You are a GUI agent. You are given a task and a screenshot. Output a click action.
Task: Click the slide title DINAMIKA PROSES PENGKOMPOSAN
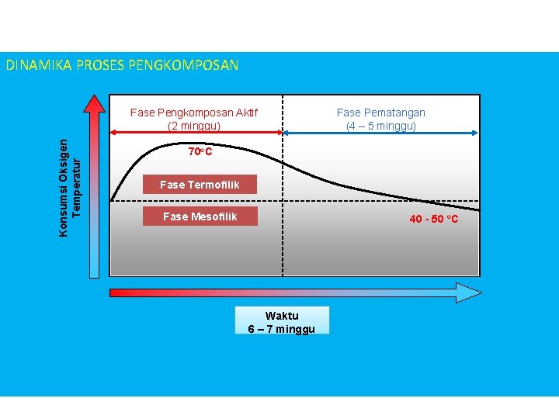(123, 65)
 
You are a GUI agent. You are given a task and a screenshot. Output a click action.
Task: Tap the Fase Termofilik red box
(200, 185)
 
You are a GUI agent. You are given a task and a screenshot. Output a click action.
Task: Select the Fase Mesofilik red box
(200, 216)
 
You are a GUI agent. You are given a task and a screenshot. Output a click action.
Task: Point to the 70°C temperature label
(200, 151)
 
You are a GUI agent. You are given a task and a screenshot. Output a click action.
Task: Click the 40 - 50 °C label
(434, 219)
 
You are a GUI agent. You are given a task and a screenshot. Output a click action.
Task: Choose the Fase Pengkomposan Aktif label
(194, 113)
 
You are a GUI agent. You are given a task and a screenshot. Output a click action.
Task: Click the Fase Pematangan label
(380, 113)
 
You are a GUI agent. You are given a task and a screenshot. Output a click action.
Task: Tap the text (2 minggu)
(194, 126)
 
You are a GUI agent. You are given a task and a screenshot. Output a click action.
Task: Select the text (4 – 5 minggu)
(380, 126)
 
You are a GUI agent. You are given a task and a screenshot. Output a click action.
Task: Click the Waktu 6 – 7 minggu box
(282, 320)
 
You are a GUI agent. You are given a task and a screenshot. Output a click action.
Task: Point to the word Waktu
(282, 316)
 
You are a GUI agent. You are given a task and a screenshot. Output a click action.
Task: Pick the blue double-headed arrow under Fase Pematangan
(380, 134)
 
